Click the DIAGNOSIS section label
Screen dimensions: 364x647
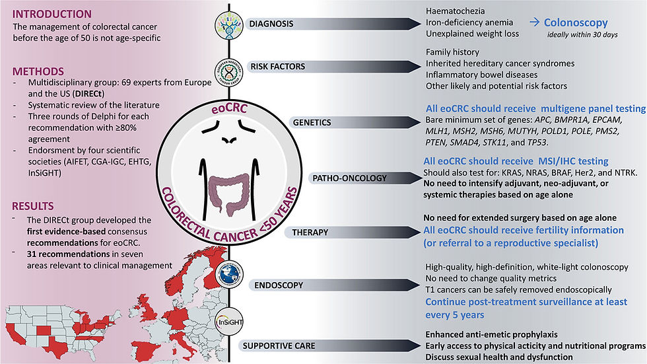point(271,24)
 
